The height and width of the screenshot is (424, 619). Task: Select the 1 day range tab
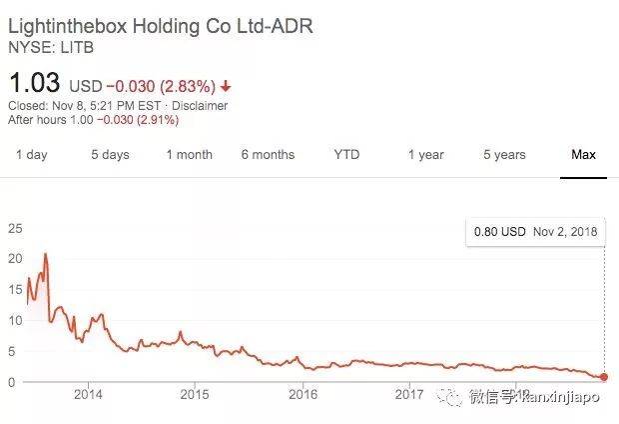[x=31, y=155]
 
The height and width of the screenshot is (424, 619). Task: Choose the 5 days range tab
[x=110, y=155]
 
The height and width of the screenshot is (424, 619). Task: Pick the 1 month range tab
[x=189, y=155]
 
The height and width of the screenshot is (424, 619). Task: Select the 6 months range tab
[x=268, y=155]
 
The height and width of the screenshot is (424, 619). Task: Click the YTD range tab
[x=346, y=155]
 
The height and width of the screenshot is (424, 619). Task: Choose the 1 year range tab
[x=425, y=155]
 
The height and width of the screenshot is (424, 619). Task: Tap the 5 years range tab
[x=504, y=155]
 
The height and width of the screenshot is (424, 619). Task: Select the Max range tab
[x=583, y=155]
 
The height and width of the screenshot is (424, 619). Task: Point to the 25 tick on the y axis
[x=15, y=228]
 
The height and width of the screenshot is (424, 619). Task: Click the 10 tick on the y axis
[x=15, y=320]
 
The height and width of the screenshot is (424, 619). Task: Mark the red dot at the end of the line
[x=603, y=377]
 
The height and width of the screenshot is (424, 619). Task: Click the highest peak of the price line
[x=46, y=254]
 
